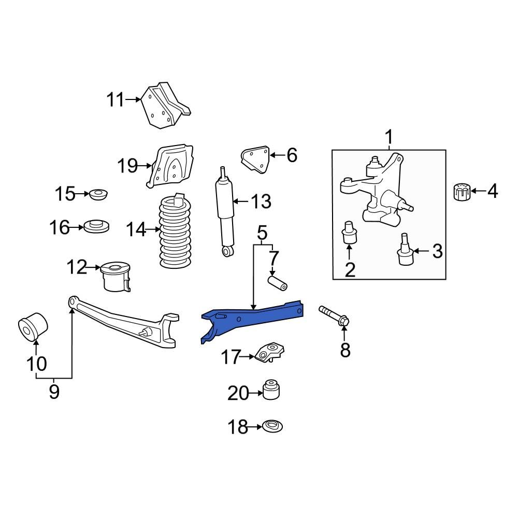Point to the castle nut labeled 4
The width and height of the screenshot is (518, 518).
(461, 192)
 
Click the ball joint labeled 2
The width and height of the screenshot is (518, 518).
(349, 234)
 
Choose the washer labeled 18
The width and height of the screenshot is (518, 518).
(272, 427)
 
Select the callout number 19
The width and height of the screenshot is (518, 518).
(127, 166)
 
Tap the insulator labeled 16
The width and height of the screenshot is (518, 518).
(97, 227)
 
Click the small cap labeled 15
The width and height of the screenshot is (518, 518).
(98, 195)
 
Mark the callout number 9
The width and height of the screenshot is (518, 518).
(54, 392)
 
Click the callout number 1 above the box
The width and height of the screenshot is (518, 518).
(388, 137)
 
